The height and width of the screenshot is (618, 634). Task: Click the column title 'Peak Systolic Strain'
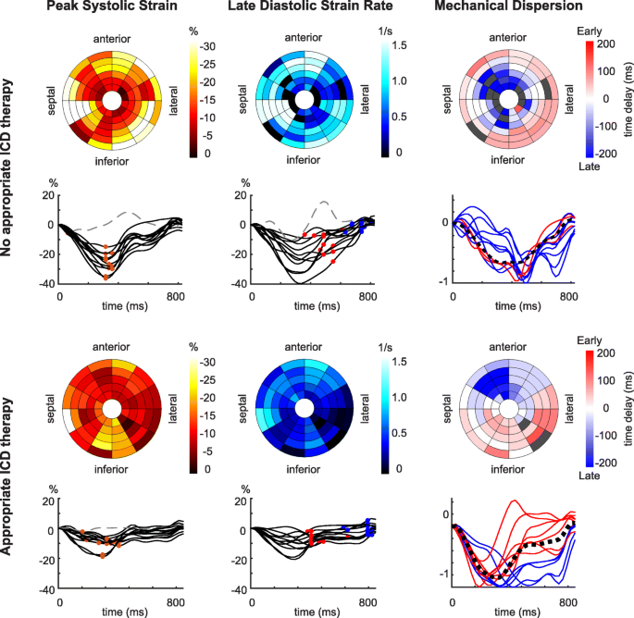[110, 10]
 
